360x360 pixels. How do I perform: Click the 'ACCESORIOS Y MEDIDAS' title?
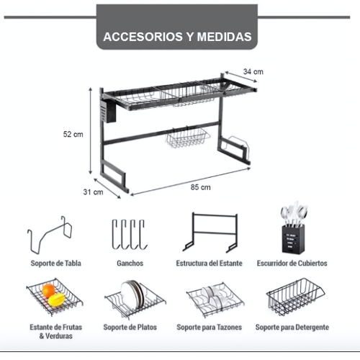pos(177,37)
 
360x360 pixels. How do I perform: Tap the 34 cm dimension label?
pos(253,71)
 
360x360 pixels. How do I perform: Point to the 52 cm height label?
pos(73,134)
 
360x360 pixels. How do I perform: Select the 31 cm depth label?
pos(94,192)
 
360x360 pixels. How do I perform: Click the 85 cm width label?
pos(201,187)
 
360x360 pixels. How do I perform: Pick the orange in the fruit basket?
pos(48,290)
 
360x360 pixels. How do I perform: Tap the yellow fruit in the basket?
pos(57,300)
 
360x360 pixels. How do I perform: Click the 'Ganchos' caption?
pos(130,264)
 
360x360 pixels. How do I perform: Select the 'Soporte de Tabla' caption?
pos(56,264)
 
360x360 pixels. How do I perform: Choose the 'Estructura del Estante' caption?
pos(210,264)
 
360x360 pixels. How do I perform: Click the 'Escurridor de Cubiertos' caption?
pos(292,264)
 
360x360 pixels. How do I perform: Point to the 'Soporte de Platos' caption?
pos(130,327)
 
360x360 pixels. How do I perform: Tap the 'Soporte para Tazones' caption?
pos(210,327)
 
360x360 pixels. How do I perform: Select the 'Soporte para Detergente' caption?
pos(292,327)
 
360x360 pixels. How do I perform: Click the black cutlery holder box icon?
pos(294,239)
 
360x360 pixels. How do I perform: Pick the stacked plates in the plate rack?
pos(133,294)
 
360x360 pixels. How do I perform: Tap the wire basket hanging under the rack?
pos(187,138)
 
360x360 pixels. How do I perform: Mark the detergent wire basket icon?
pos(295,297)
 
